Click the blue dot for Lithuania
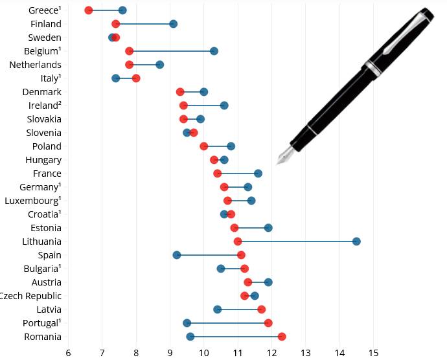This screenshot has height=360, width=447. pyautogui.click(x=356, y=242)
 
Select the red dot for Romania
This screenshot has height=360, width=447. pyautogui.click(x=282, y=337)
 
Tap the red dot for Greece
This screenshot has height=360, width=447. pyautogui.click(x=89, y=10)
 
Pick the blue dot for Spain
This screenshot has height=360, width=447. pyautogui.click(x=177, y=255)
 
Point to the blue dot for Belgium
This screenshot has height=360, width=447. pyautogui.click(x=214, y=51)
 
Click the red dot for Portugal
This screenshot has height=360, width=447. pyautogui.click(x=268, y=323)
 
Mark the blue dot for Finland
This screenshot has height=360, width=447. pyautogui.click(x=173, y=24)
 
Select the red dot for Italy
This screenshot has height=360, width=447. pyautogui.click(x=136, y=78)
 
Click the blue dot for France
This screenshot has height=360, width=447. pyautogui.click(x=258, y=174)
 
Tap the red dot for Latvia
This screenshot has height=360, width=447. pyautogui.click(x=261, y=309)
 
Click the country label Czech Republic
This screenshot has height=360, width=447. pyautogui.click(x=30, y=296)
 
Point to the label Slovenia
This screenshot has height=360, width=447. pyautogui.click(x=44, y=133)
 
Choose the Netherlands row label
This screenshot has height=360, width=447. pyautogui.click(x=36, y=65)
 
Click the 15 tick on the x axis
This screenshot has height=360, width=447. pyautogui.click(x=374, y=353)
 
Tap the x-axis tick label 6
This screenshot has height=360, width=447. pyautogui.click(x=68, y=353)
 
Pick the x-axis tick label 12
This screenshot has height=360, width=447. pyautogui.click(x=271, y=353)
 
